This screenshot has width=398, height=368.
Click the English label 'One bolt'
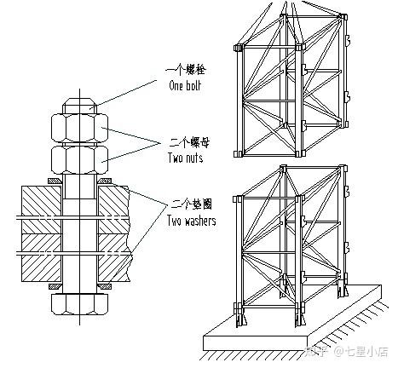[185, 85]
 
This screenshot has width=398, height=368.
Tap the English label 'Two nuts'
[186, 158]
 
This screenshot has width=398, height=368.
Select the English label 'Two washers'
[191, 221]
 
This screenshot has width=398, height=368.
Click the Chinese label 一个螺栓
[185, 70]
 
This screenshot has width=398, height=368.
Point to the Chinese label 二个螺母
[189, 142]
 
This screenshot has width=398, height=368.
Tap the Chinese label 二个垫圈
[192, 204]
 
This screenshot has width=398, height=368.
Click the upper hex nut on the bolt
[79, 128]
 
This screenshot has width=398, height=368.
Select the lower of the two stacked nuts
[79, 159]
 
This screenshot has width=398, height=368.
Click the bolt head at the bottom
[79, 304]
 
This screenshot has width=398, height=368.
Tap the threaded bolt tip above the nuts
[80, 106]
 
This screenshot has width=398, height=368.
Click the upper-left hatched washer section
[55, 181]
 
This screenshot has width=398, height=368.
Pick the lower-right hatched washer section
[104, 286]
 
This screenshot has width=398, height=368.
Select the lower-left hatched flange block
[42, 258]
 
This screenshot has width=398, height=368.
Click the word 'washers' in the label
[200, 221]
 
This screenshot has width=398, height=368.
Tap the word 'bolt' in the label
[193, 85]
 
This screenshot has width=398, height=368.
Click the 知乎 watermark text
[316, 351]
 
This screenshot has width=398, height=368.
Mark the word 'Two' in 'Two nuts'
[175, 158]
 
